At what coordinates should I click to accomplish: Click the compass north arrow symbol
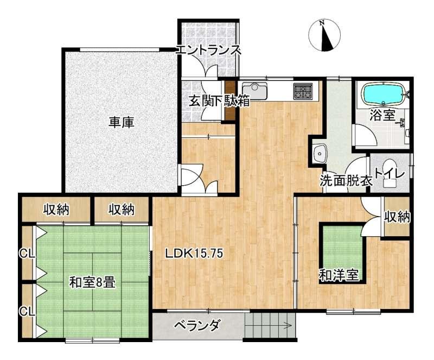coord(324,35)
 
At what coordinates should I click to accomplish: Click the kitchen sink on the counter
coord(254,91)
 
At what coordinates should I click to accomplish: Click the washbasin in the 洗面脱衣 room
coord(320,153)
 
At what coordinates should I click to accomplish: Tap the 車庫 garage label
coord(121,122)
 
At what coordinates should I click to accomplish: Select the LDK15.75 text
coord(194,252)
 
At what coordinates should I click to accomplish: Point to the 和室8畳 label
coord(92,283)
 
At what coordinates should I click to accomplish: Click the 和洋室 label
coord(339,275)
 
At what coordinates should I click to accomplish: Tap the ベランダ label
coord(197,325)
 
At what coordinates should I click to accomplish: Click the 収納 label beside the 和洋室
coord(398,217)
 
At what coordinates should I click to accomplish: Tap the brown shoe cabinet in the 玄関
coord(229,100)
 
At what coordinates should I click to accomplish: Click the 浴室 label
coord(382,115)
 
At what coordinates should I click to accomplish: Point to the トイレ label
coord(390,175)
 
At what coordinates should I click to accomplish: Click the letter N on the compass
coord(322,23)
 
